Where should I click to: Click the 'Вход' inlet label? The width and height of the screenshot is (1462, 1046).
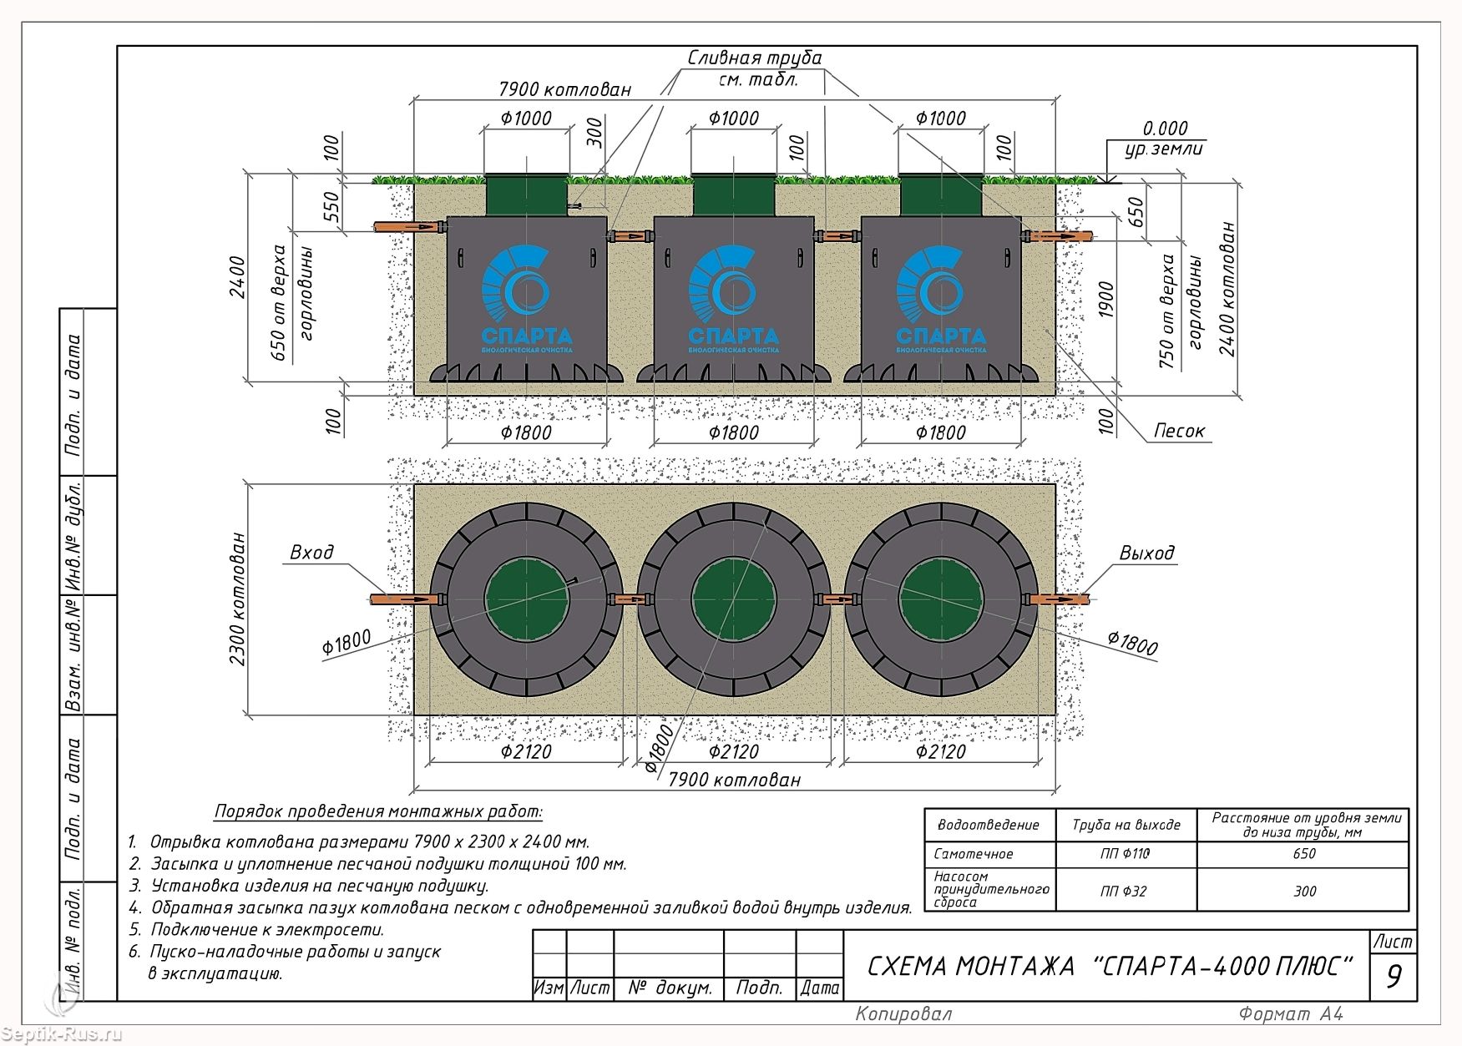tap(311, 552)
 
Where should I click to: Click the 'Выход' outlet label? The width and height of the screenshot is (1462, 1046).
tap(1146, 553)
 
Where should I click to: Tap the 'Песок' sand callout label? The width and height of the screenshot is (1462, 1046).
tap(1179, 431)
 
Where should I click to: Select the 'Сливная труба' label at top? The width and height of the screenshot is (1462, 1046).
tap(755, 58)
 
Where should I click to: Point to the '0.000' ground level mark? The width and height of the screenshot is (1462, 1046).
tap(1165, 129)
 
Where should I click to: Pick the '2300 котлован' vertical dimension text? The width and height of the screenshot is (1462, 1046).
tap(237, 599)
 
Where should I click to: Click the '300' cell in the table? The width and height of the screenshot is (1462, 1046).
tap(1304, 892)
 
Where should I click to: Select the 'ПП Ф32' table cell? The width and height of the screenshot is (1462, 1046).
tap(1124, 892)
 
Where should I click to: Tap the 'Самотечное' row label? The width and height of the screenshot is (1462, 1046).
tap(974, 854)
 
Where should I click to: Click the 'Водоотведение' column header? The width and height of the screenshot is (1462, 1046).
tap(989, 826)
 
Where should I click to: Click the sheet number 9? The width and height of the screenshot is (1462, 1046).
tap(1394, 976)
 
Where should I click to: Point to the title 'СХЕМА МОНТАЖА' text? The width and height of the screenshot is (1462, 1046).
tap(971, 967)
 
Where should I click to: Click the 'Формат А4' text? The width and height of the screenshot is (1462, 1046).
tap(1291, 1014)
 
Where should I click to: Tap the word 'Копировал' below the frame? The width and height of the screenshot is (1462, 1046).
tap(903, 1014)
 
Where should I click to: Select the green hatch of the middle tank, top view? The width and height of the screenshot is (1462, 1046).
tap(734, 599)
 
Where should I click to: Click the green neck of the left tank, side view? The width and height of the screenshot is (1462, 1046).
tap(527, 195)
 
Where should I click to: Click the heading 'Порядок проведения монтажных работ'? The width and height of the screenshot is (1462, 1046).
tap(379, 811)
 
